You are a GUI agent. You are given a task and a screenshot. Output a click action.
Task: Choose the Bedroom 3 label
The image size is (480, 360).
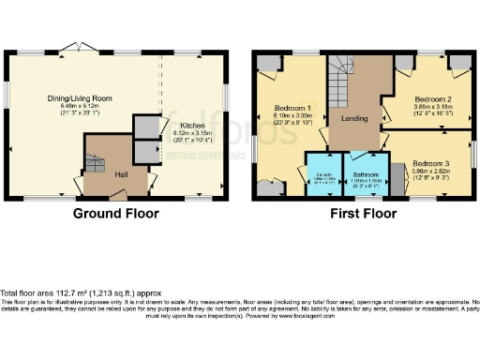click(x=434, y=162)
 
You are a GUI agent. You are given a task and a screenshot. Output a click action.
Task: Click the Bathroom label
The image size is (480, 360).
click(x=364, y=173)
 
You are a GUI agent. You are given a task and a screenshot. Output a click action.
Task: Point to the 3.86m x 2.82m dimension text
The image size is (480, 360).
click(x=434, y=172)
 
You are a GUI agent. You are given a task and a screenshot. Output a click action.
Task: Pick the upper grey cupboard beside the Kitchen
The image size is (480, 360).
click(x=146, y=127)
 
